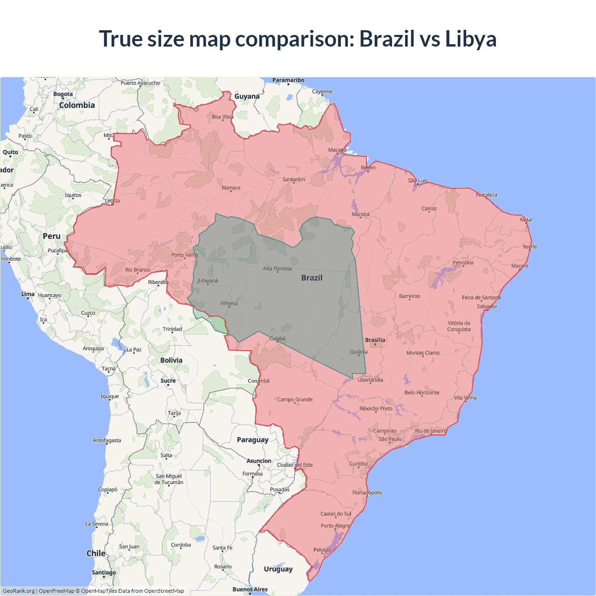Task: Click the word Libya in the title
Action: click(471, 39)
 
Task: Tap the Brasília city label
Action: click(375, 340)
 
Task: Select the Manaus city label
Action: click(231, 188)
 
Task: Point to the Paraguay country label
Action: click(252, 440)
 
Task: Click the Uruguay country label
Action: click(278, 569)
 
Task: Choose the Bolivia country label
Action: click(171, 360)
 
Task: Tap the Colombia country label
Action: click(77, 105)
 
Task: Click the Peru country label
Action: click(52, 236)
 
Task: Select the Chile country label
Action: click(96, 553)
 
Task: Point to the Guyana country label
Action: click(247, 96)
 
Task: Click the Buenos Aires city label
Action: click(250, 589)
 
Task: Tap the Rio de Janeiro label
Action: click(430, 431)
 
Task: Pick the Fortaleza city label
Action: click(487, 195)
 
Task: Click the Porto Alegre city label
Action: click(335, 526)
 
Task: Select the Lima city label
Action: click(28, 294)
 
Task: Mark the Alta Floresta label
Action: click(277, 269)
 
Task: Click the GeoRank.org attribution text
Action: click(19, 591)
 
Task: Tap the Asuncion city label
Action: click(259, 461)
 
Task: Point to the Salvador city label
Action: click(487, 306)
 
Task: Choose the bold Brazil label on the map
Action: click(312, 278)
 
